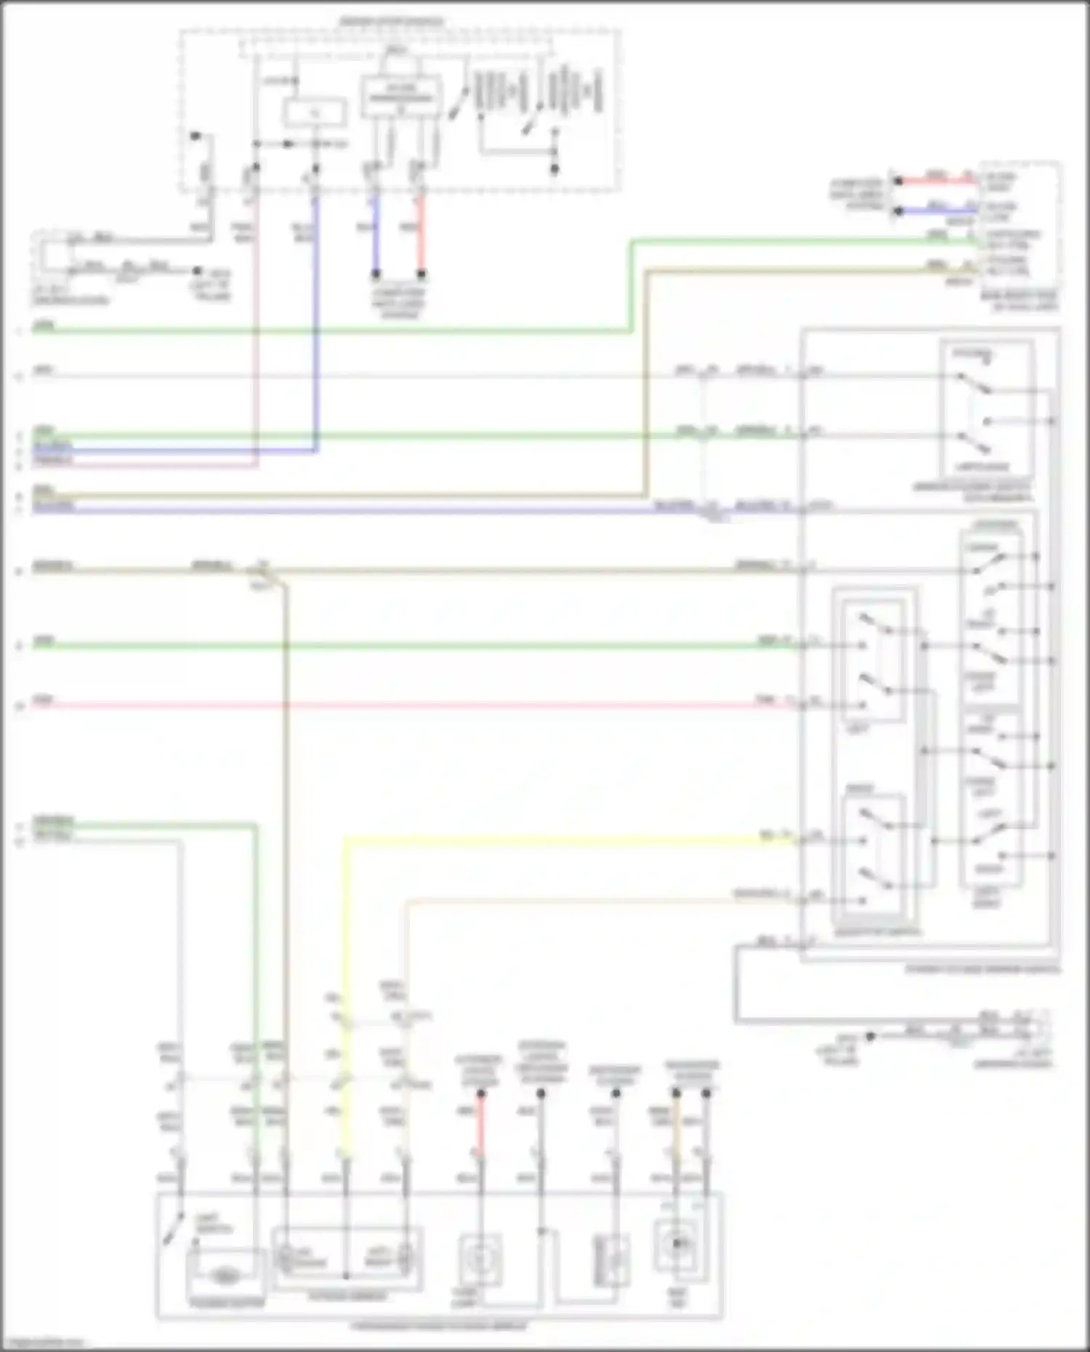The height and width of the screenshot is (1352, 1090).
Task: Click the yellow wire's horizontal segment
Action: (567, 841)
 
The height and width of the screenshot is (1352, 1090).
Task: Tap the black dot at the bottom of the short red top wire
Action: (421, 275)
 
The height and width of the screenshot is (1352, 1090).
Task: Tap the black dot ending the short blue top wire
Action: (376, 275)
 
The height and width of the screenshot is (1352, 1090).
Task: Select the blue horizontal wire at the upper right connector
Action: (937, 211)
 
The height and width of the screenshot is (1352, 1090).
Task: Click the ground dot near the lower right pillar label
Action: (870, 1036)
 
